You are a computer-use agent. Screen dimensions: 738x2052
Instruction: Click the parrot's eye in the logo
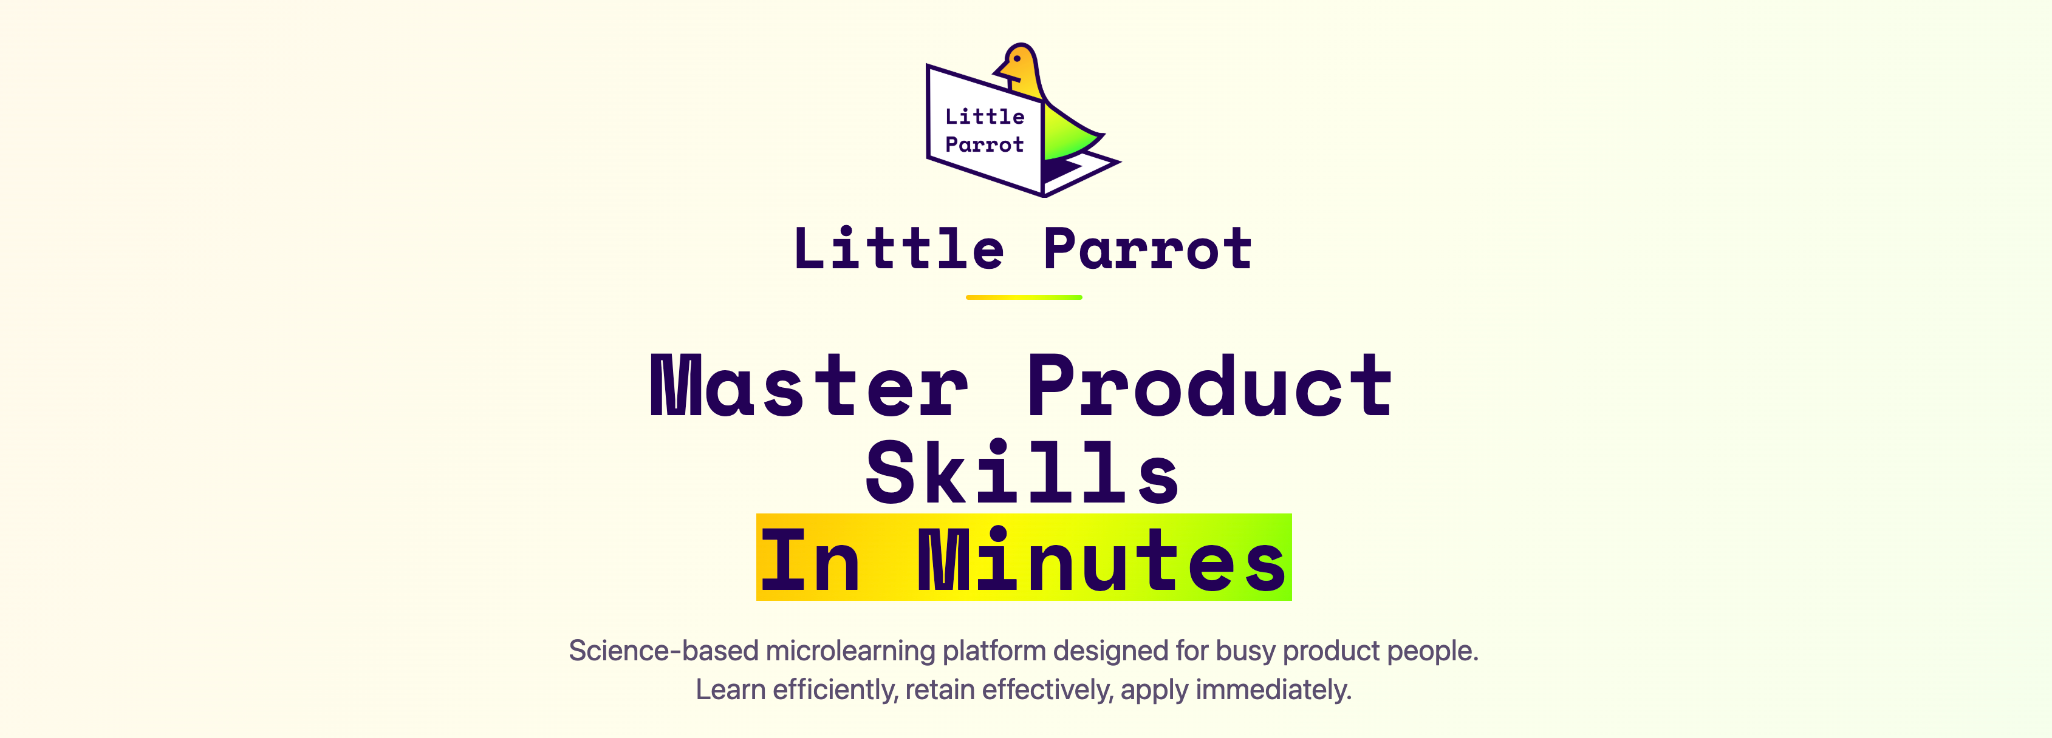[1017, 59]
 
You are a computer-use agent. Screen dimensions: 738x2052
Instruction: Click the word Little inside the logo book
[985, 117]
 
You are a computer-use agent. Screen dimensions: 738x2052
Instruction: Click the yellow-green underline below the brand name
[1024, 297]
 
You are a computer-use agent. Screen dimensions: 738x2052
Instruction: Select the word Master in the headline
[809, 385]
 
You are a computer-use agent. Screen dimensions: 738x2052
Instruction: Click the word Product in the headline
[1210, 385]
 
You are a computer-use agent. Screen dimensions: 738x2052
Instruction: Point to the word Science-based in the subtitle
[663, 651]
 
